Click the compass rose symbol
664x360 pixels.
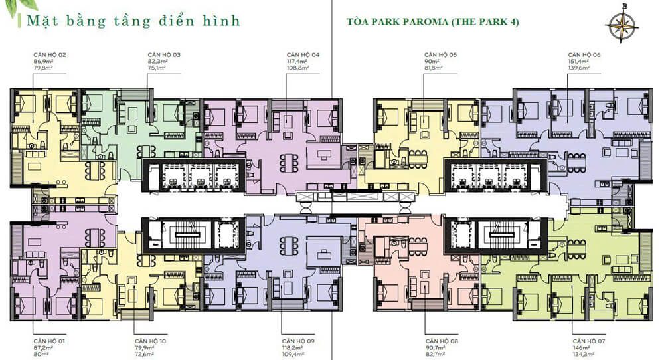point(622,25)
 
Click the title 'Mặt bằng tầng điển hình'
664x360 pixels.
point(133,21)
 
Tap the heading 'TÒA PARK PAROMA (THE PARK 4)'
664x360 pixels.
point(432,22)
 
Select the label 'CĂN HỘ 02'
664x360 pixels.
point(50,54)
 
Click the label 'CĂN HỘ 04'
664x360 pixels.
point(303,54)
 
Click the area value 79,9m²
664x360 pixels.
point(144,347)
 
